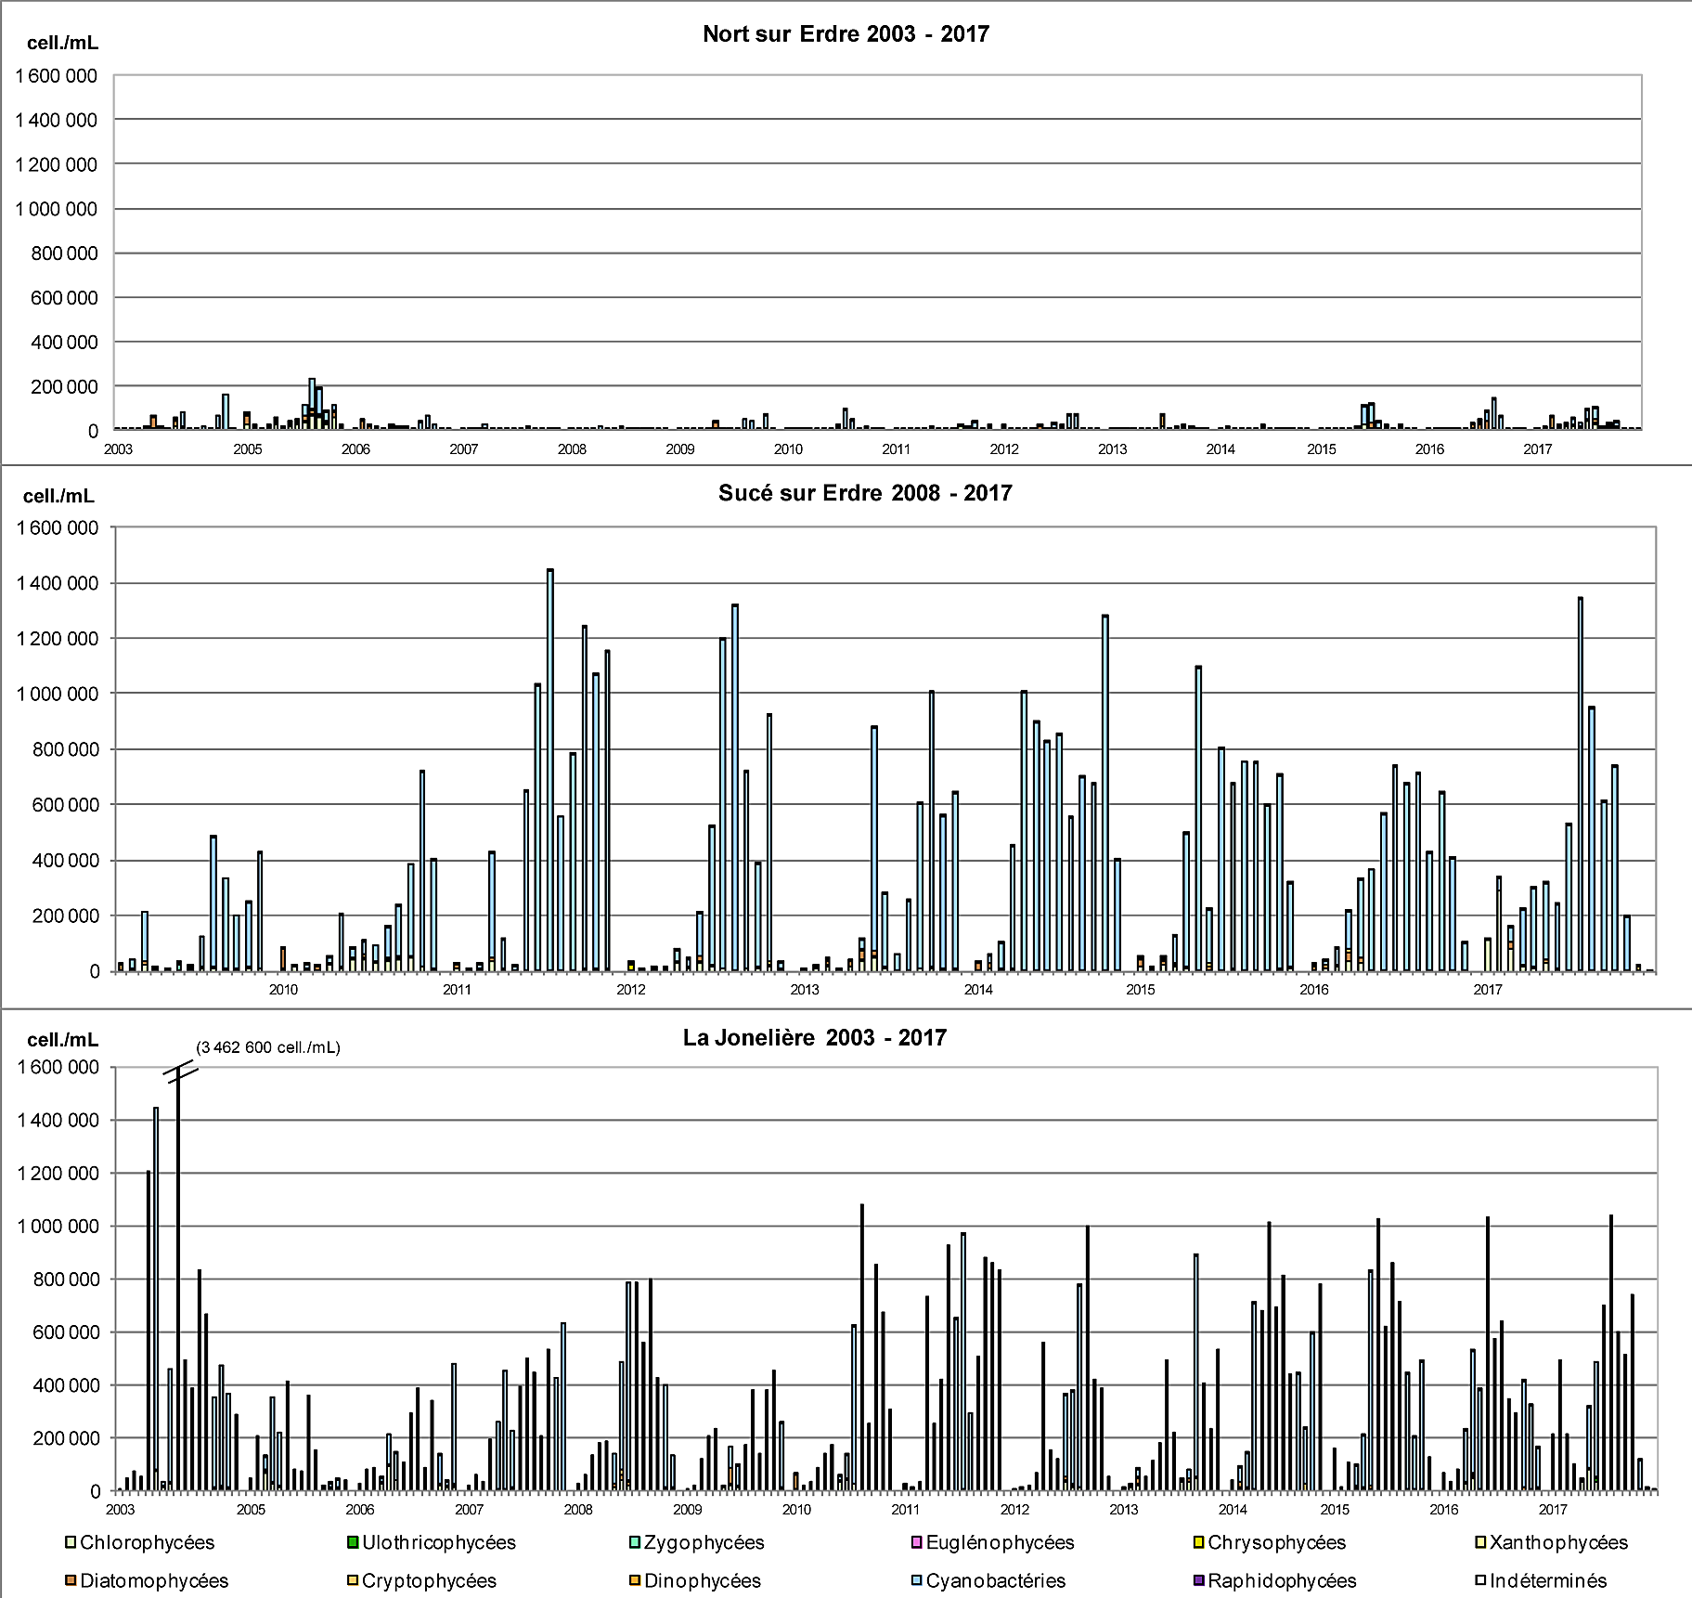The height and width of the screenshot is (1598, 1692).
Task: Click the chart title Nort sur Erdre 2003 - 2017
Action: pos(846,34)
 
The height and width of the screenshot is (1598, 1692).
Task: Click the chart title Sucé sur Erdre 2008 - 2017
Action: pos(864,493)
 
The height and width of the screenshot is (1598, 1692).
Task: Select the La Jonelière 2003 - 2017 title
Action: pos(814,1037)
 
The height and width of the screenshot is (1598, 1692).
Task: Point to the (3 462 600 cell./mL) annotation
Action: pos(268,1047)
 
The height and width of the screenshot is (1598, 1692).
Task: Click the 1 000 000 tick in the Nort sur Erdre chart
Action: pos(56,209)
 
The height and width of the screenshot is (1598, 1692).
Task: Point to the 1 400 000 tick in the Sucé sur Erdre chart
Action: pos(57,583)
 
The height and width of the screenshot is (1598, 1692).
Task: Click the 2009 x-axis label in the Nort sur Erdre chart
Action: pos(680,449)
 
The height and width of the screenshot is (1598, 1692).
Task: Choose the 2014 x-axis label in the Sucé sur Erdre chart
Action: pos(978,990)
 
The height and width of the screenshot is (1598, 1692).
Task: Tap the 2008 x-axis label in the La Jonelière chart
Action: pos(578,1510)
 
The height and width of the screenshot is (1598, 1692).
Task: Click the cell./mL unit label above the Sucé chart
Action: pos(58,496)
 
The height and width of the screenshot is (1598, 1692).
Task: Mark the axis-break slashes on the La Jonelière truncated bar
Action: pos(182,1073)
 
